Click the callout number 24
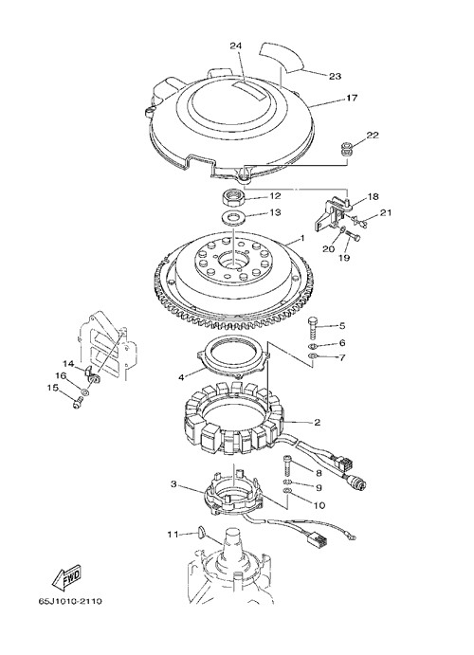tap(236, 45)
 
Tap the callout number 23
tap(335, 76)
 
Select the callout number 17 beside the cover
tap(352, 98)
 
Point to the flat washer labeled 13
tap(231, 217)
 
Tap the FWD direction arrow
tap(65, 577)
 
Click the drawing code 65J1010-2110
tap(70, 602)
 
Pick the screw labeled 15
tap(78, 403)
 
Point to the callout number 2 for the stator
tap(317, 422)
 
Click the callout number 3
tap(174, 484)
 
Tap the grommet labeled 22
tap(346, 150)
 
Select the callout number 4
tap(181, 377)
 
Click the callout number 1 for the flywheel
tap(302, 239)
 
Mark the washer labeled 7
tap(312, 355)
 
